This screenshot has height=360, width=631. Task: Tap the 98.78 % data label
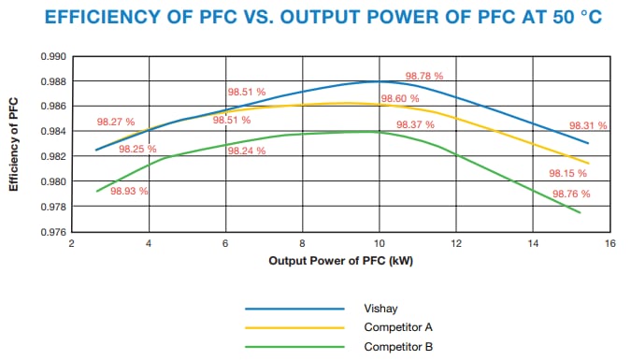click(x=423, y=76)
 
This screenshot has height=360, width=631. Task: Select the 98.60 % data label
click(x=399, y=99)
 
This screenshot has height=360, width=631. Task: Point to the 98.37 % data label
click(x=415, y=124)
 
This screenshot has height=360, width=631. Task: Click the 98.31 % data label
click(x=588, y=125)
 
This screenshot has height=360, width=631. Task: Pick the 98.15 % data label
click(x=568, y=173)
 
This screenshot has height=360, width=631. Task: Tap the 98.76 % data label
click(x=571, y=194)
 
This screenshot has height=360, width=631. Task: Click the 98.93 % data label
click(x=129, y=191)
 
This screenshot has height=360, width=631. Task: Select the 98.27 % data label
click(x=116, y=122)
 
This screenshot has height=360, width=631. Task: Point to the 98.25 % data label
click(x=137, y=149)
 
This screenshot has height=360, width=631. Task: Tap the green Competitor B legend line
click(x=294, y=348)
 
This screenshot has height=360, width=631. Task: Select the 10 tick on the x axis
click(x=379, y=243)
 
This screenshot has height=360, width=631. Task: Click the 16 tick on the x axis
click(x=609, y=243)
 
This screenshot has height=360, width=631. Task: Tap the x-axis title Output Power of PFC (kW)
click(x=340, y=261)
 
